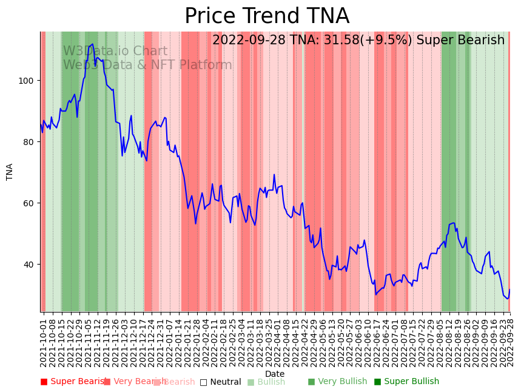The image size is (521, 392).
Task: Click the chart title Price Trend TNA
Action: [x=267, y=16]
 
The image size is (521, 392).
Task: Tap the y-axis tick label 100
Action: [x=28, y=81]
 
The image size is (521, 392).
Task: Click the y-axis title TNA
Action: [x=10, y=172]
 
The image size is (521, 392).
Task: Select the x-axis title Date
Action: [x=275, y=374]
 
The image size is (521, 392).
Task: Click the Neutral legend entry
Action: [x=221, y=382]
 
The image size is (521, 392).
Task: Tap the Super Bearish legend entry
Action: [x=74, y=382]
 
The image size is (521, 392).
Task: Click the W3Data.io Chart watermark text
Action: [x=115, y=52]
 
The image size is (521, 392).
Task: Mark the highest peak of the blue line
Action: [x=92, y=44]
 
